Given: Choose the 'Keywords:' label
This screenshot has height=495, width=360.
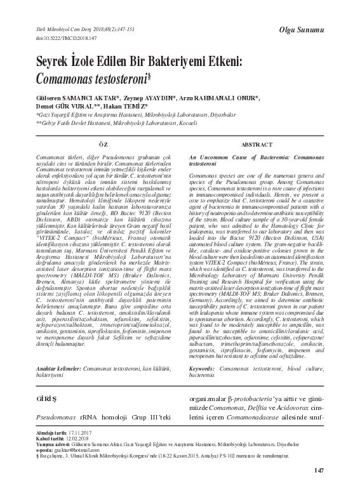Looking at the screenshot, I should click(202, 369).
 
